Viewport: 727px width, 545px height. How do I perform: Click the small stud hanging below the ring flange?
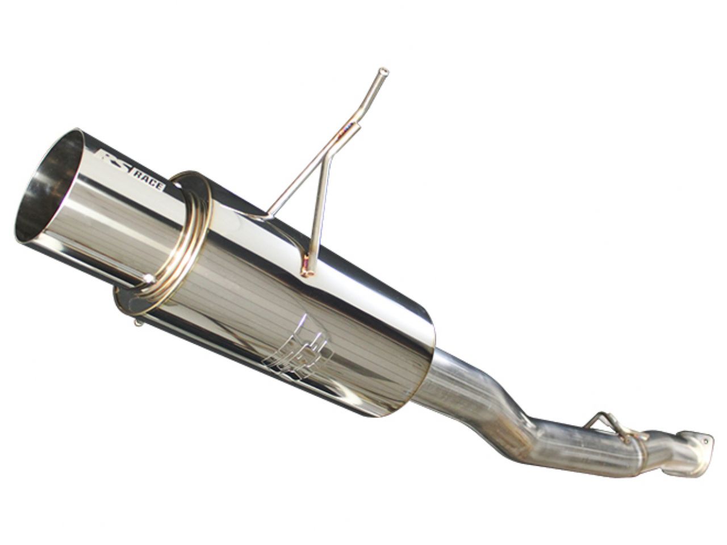138,323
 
